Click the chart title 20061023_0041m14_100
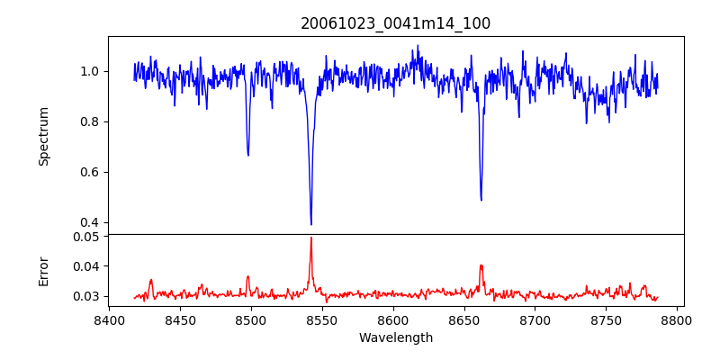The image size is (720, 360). point(396,23)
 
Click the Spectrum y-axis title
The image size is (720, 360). point(43,136)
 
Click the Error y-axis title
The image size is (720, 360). point(43,271)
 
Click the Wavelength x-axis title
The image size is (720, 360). point(396,338)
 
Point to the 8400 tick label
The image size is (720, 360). point(109,319)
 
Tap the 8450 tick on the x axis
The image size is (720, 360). point(180,319)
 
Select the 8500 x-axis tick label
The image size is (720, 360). point(251,319)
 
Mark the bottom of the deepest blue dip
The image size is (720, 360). point(311,224)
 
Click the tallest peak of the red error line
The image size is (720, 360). point(311,238)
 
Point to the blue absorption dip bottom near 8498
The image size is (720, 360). point(248,155)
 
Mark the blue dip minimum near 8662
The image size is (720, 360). point(481,200)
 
